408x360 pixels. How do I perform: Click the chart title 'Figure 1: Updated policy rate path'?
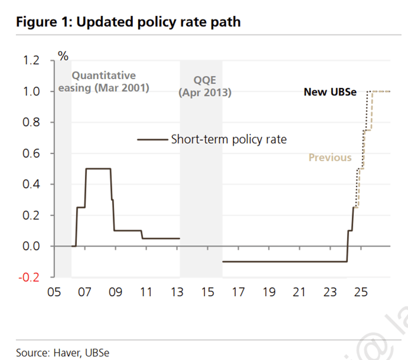point(128,22)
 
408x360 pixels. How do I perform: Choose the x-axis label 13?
point(177,293)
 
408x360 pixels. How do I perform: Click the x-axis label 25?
point(361,293)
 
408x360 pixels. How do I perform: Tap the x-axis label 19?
point(269,293)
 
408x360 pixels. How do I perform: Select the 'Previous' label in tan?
point(330,157)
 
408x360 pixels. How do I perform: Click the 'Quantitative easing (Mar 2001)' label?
point(103,82)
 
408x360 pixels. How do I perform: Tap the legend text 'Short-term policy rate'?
point(229,139)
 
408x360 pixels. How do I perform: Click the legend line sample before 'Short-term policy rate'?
point(152,139)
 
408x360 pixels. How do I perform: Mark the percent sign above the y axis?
point(63,56)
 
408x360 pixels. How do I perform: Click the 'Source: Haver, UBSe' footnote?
point(63,352)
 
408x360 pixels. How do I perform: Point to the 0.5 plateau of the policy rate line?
point(98,169)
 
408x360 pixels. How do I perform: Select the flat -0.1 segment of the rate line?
point(283,262)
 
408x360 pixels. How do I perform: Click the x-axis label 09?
point(115,293)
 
